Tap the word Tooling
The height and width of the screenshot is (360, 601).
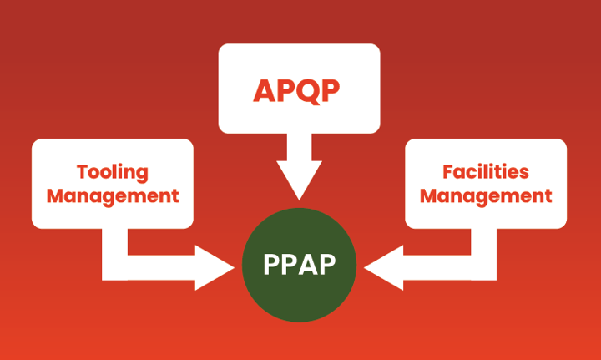112,172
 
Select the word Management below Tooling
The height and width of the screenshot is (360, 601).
113,196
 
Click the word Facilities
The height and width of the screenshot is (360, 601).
486,172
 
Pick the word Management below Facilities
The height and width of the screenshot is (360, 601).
486,196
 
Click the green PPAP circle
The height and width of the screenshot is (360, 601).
300,263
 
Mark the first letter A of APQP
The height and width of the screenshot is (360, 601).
264,89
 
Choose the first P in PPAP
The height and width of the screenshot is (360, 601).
271,264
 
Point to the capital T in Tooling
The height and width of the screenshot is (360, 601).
82,172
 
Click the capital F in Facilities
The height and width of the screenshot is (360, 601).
447,172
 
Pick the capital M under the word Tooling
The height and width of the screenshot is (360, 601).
55,196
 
